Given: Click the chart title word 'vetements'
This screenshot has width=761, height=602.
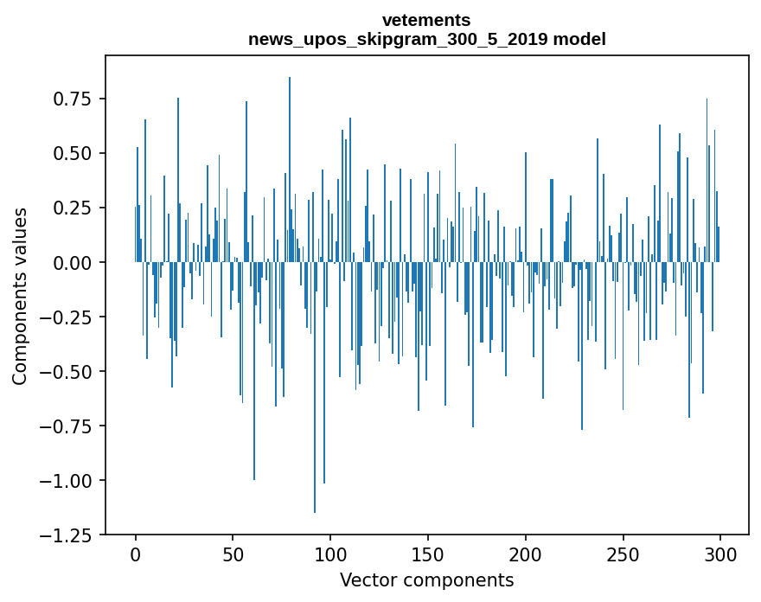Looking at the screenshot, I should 426,19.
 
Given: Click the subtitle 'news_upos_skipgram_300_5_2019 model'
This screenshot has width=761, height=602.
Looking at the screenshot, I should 426,39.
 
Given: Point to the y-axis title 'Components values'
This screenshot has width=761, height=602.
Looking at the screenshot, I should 20,295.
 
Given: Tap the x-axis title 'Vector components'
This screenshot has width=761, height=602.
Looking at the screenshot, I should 426,580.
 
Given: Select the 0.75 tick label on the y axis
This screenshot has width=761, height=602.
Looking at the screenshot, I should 70,99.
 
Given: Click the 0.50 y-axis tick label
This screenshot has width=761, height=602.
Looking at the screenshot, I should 70,153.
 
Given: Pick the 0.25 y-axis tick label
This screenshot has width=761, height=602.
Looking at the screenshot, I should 70,208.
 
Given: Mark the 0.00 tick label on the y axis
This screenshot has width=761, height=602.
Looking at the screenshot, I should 70,262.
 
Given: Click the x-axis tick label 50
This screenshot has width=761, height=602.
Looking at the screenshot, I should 233,554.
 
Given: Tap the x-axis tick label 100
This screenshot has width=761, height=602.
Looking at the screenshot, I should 330,554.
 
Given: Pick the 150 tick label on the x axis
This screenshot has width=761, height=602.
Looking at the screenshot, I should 428,554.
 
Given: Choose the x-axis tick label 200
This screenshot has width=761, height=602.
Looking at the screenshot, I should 526,554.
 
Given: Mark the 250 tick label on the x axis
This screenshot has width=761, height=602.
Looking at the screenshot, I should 624,554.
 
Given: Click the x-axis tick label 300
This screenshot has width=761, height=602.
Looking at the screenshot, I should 720,554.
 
